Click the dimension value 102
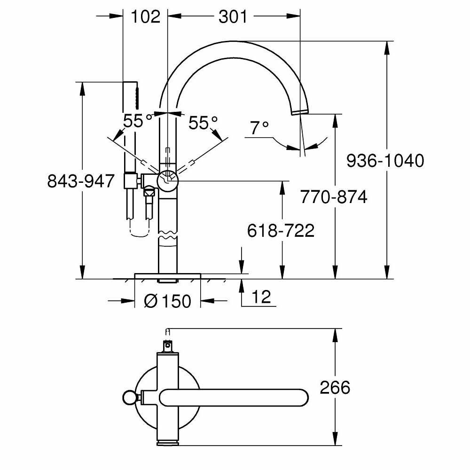[x=145, y=17]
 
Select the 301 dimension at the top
[x=232, y=17]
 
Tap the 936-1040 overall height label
[x=385, y=161]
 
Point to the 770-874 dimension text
[x=334, y=197]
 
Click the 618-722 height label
[x=281, y=230]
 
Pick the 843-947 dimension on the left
[x=81, y=180]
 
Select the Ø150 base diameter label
[x=168, y=300]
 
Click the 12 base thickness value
[x=262, y=297]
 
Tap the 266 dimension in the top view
[x=335, y=388]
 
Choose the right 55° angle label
[x=203, y=123]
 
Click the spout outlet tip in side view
[x=299, y=111]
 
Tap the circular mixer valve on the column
[x=168, y=179]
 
